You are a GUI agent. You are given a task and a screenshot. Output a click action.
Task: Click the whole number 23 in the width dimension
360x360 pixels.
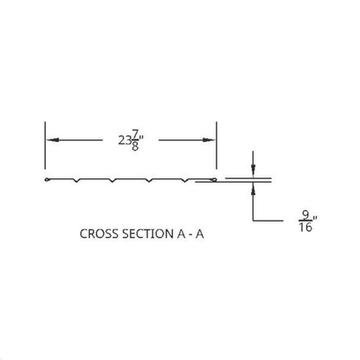[x=125, y=140]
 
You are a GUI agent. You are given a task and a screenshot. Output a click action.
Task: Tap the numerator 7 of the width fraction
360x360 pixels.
[x=135, y=134]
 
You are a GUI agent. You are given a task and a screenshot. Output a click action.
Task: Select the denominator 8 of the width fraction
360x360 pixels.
[x=135, y=146]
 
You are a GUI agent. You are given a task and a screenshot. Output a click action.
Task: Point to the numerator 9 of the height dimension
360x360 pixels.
[x=305, y=215]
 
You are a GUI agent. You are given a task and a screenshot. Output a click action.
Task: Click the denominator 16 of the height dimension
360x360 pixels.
[x=305, y=228]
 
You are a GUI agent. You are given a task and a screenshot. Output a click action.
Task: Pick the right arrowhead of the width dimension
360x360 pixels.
[x=209, y=140]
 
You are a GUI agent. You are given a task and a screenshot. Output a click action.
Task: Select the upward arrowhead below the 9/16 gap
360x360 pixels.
[x=253, y=190]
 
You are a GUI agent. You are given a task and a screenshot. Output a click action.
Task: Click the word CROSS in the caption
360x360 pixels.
[x=100, y=234]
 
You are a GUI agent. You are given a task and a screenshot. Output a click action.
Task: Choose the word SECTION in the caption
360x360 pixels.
[x=147, y=234]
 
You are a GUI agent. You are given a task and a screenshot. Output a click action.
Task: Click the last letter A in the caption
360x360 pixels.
[x=200, y=234]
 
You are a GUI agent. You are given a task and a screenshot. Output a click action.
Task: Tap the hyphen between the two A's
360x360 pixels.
[x=190, y=235]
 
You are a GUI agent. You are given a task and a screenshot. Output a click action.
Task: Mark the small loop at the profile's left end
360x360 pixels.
[x=47, y=180]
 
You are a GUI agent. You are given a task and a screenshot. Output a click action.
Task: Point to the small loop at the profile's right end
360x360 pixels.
[x=215, y=180]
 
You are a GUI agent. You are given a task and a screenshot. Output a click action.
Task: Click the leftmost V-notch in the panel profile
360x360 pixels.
[x=77, y=181]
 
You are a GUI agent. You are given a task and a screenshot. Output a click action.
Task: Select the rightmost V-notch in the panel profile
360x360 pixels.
[x=185, y=181]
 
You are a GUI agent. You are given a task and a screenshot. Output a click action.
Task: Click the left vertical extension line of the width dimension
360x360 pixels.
[x=45, y=145]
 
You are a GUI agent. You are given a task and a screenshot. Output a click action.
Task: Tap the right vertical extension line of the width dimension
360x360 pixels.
[x=216, y=145]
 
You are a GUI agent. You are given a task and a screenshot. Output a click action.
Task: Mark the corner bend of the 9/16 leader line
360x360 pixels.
[x=253, y=221]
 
